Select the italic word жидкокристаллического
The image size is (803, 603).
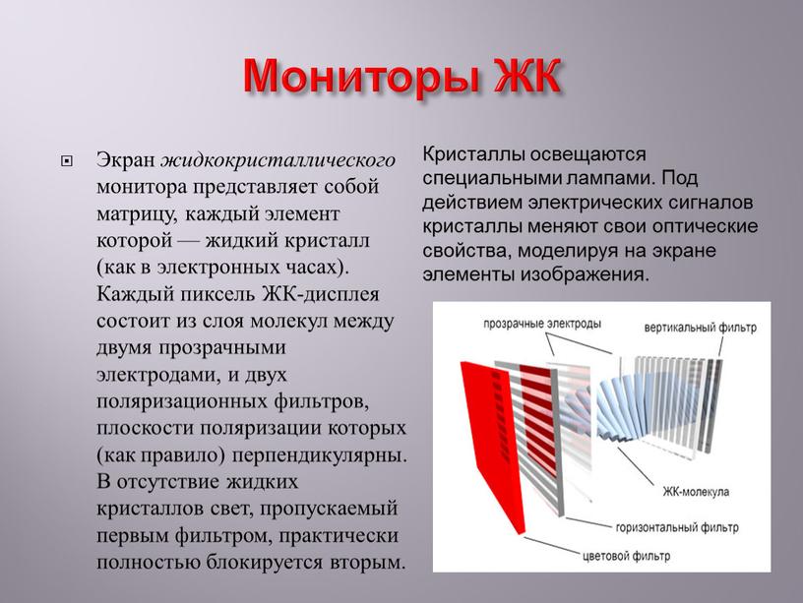point(279,159)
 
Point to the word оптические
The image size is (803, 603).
point(709,225)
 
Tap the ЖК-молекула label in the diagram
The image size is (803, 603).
point(695,491)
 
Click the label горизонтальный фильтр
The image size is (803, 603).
point(678,527)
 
